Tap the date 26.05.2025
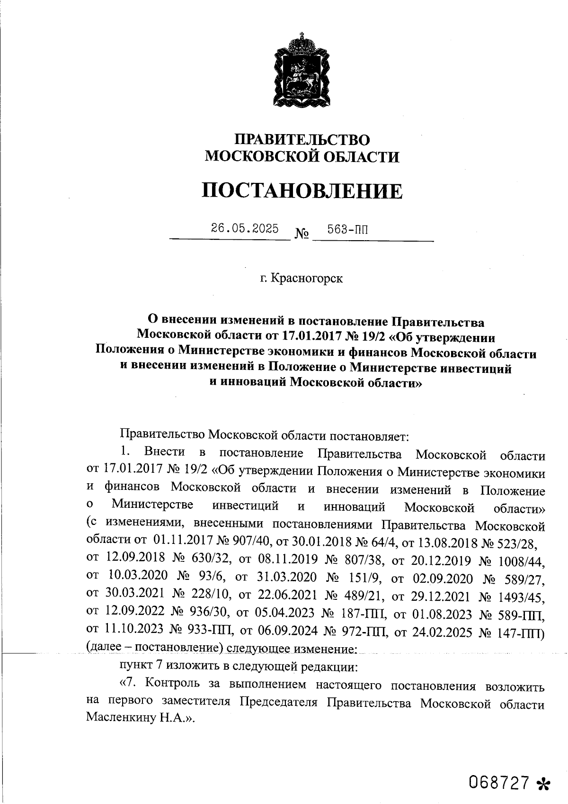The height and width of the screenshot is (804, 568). point(245,228)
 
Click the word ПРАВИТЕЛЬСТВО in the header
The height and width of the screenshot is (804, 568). point(302,139)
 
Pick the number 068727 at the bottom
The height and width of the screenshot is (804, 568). point(498,782)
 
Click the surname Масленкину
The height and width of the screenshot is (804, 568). point(121,718)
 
